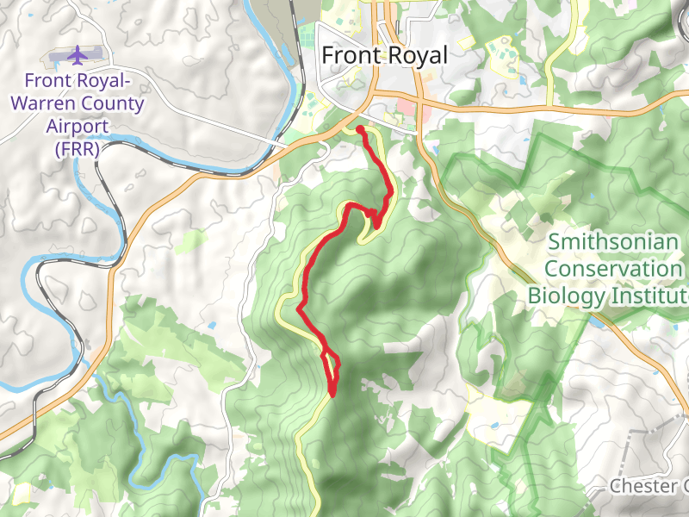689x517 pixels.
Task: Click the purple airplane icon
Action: [78, 55]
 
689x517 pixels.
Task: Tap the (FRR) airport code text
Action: [78, 148]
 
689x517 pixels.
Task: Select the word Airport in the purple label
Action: [78, 126]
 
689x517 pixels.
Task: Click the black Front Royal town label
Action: [384, 55]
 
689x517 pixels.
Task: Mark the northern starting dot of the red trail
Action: [359, 129]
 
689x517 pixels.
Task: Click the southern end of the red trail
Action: [332, 394]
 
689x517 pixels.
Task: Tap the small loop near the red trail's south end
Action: [330, 365]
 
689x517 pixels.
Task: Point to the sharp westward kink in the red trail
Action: [299, 308]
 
